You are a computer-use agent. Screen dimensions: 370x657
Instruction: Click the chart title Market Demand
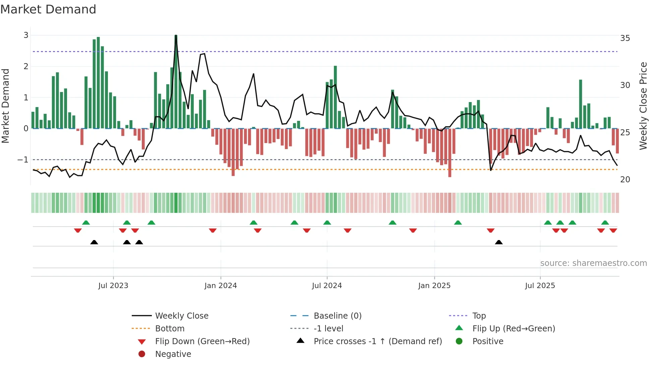[x=48, y=9]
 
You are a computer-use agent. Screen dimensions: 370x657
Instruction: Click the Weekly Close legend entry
[x=181, y=316]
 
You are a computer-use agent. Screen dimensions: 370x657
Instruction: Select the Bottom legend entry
[x=170, y=328]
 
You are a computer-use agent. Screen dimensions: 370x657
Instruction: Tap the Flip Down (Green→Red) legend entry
[x=202, y=341]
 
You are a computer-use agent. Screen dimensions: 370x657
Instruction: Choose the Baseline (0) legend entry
[x=337, y=316]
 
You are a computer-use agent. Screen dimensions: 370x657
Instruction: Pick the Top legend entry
[x=479, y=316]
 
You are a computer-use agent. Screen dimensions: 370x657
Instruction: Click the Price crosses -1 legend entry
[x=377, y=341]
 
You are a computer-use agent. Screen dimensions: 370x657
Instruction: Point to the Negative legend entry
[x=173, y=354]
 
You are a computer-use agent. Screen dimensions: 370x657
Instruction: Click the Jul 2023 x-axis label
[x=113, y=286]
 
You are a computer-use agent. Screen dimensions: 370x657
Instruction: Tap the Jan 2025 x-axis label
[x=434, y=286]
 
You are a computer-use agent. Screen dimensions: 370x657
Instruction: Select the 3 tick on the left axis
[x=26, y=35]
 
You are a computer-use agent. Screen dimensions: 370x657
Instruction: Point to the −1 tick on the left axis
[x=23, y=159]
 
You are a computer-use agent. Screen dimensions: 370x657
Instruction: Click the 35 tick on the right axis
[x=625, y=38]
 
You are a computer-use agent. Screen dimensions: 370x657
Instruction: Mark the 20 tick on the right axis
[x=625, y=180]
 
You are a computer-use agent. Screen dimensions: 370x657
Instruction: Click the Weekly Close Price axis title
[x=643, y=106]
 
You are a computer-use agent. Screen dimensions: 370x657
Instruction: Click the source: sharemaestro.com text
[x=593, y=263]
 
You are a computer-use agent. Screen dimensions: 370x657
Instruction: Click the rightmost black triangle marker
[x=499, y=242]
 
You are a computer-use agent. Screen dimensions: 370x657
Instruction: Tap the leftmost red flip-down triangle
[x=78, y=230]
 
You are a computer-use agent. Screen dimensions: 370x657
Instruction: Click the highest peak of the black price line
[x=176, y=36]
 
